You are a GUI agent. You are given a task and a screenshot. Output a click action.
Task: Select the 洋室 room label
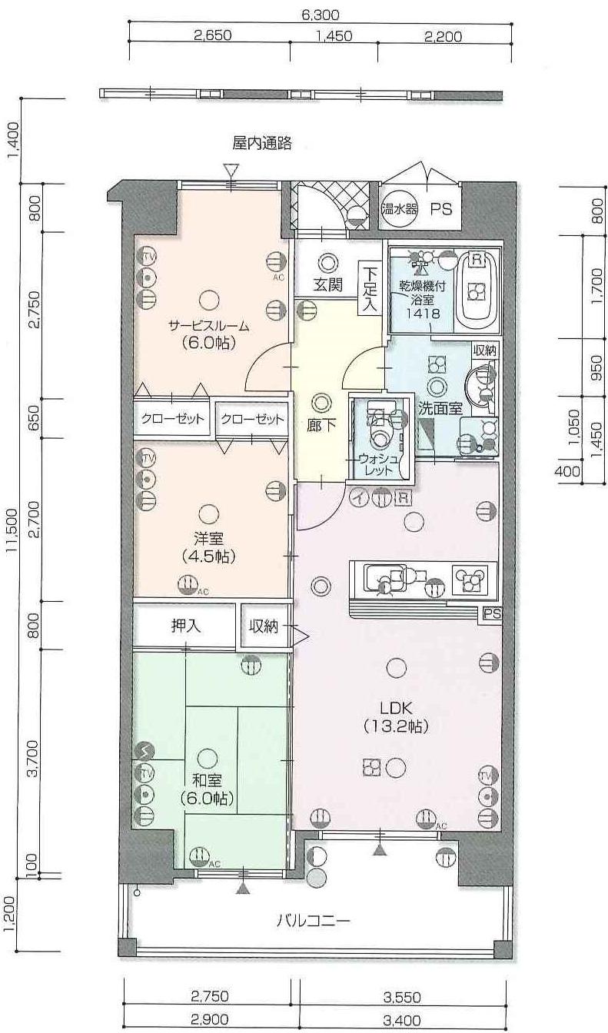[x=208, y=538]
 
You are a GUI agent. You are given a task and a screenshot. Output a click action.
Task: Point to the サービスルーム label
[x=208, y=327]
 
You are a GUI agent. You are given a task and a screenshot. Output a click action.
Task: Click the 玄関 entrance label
[x=328, y=284]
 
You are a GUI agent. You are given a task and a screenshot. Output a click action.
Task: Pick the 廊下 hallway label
[x=321, y=425]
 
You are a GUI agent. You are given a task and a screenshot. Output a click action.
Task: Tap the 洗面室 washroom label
[x=440, y=407]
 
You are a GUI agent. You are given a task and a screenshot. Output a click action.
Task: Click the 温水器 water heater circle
[x=399, y=209]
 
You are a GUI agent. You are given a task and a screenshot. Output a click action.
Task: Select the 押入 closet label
[x=186, y=626]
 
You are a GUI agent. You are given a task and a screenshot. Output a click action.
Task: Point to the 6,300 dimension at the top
[x=321, y=15]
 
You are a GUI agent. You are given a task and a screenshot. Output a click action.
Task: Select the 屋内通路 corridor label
[x=261, y=144]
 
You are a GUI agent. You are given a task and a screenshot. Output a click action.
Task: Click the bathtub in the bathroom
[x=477, y=290]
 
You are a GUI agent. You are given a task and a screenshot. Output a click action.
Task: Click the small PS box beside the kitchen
[x=492, y=614]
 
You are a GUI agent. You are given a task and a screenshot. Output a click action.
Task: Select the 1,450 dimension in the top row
[x=334, y=35]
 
